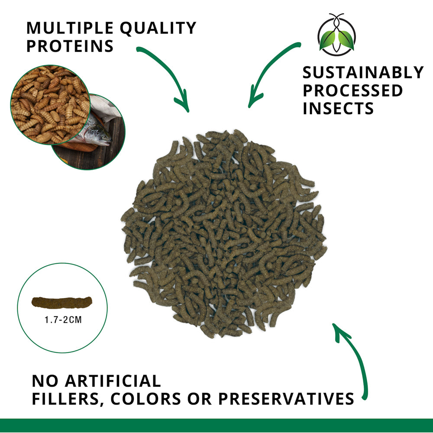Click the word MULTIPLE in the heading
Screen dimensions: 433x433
(x=70, y=28)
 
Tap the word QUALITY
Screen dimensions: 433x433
(x=158, y=28)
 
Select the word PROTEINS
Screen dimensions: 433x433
(x=70, y=46)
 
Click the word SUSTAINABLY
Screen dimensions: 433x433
(x=363, y=72)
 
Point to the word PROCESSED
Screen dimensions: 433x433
(x=352, y=90)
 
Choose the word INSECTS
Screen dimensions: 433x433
(x=338, y=108)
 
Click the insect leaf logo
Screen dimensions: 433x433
(x=336, y=34)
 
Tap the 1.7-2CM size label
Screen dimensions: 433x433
(x=63, y=320)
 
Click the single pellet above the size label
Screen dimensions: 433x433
(x=62, y=302)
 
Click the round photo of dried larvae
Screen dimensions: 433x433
(x=50, y=105)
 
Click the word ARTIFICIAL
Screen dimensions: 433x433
(x=113, y=381)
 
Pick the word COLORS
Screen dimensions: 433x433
(x=146, y=399)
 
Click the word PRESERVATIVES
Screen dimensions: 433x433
(x=286, y=399)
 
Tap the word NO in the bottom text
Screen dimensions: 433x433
(x=45, y=381)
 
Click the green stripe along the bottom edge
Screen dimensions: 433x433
(x=216, y=425)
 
